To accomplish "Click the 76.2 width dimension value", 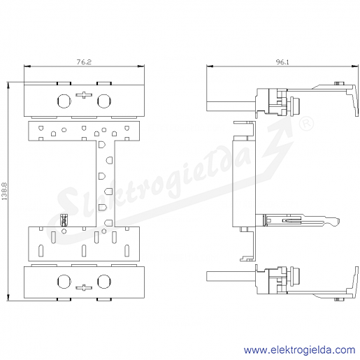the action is point(84,62).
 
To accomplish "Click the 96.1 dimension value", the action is point(282,62).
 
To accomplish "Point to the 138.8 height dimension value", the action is point(4,192).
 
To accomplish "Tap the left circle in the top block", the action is point(64,101).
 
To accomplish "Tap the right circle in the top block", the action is point(104,101).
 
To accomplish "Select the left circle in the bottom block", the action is point(64,282).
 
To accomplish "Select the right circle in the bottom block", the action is point(104,282).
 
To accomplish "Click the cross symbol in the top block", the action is point(84,95).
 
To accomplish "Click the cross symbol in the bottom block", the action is point(84,287).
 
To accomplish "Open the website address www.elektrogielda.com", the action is point(299,350).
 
